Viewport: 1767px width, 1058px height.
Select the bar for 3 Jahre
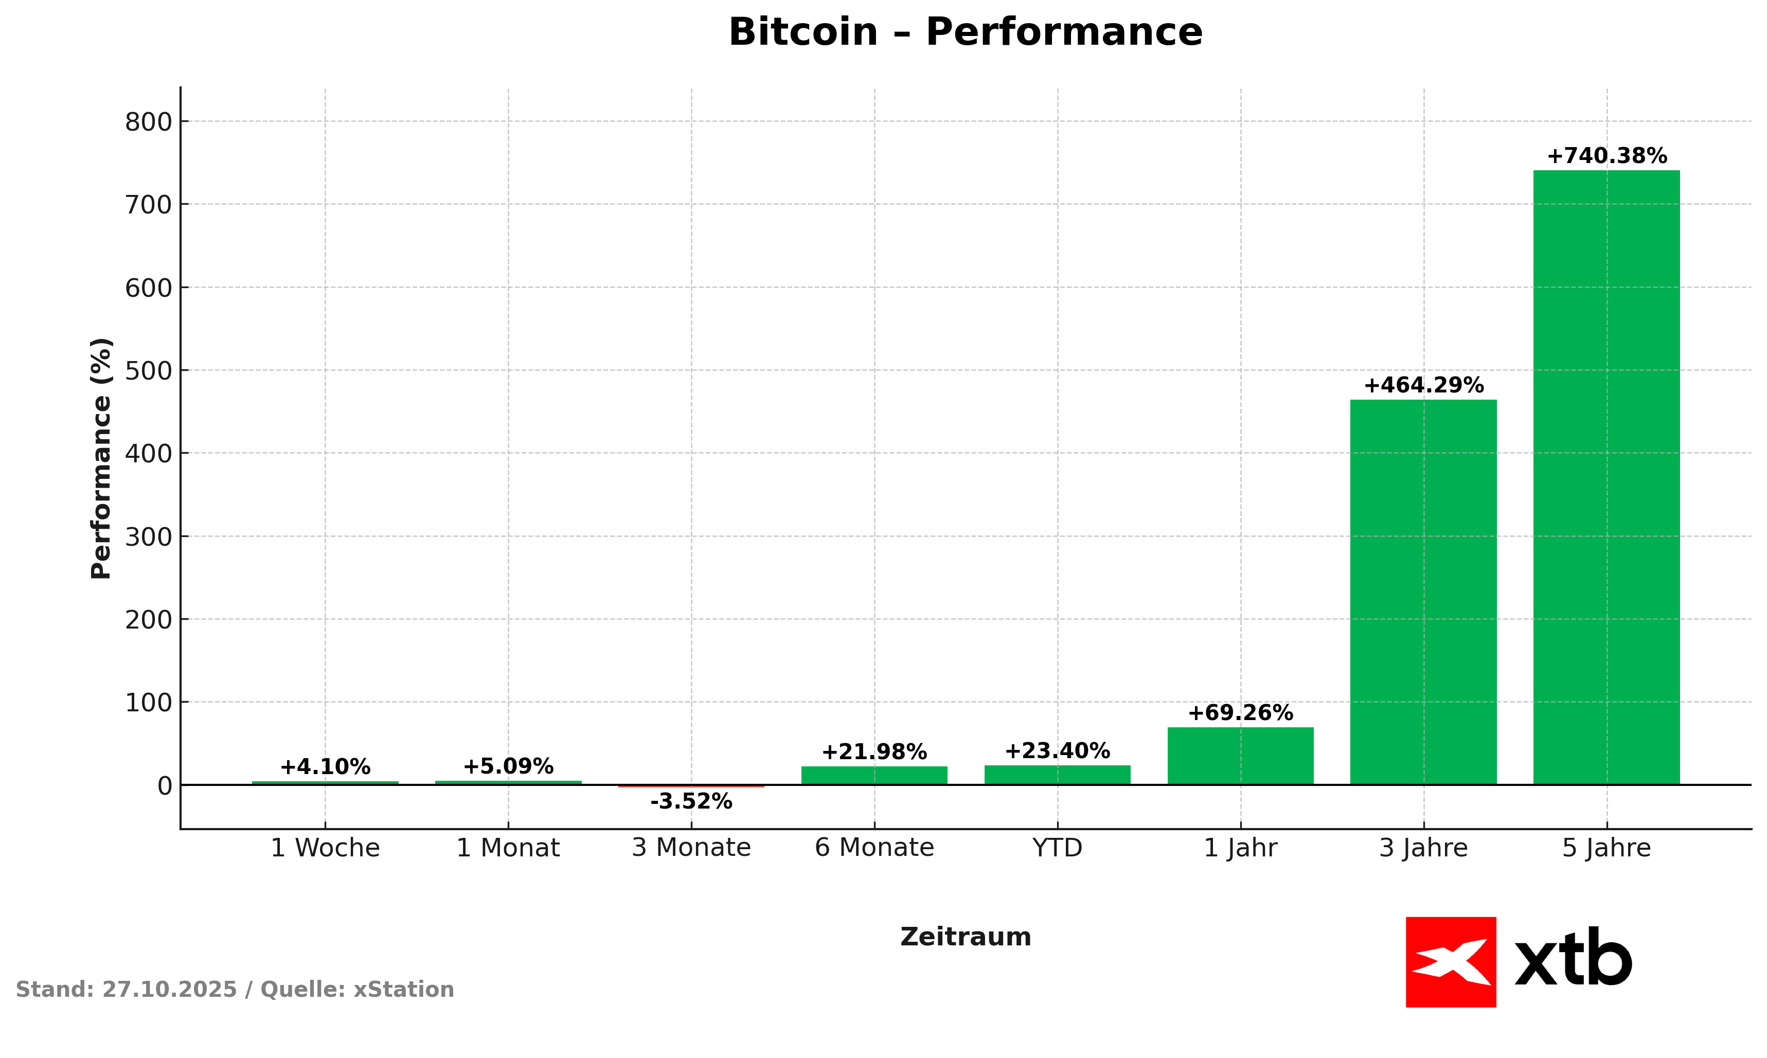(1423, 591)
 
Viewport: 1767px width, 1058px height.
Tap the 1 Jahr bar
(1240, 756)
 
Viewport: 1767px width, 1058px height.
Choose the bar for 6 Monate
(874, 776)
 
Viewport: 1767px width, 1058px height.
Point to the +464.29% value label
(1423, 386)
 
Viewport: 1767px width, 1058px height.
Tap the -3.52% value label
(691, 802)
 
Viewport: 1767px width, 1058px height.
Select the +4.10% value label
(325, 767)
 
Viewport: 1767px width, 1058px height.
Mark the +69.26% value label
(1240, 713)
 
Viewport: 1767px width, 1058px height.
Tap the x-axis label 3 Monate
(691, 848)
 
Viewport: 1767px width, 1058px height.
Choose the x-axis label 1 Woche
(325, 848)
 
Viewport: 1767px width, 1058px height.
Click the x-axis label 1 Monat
(508, 848)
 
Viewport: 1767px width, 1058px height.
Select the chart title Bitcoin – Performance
(965, 33)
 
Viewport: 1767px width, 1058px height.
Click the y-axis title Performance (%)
(101, 458)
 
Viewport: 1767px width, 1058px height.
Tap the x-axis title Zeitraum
(965, 937)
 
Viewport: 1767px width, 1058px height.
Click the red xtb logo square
(1451, 962)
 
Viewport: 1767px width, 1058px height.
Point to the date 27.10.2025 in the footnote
(169, 990)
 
